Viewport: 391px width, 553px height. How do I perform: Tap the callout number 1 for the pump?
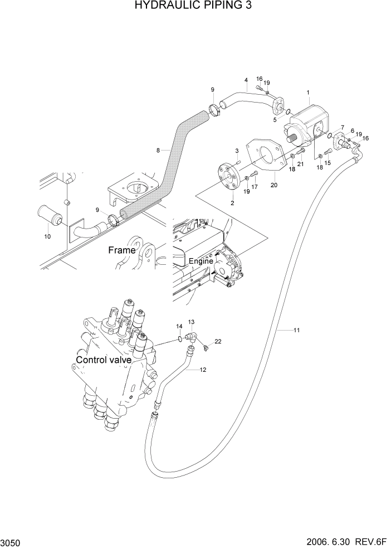308,92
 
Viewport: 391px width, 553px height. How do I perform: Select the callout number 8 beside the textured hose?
158,150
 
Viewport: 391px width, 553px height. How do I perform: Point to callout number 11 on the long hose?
296,331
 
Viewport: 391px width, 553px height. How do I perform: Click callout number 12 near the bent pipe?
203,370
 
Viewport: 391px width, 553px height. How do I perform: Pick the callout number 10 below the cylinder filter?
47,236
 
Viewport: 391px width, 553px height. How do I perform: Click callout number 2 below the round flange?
232,203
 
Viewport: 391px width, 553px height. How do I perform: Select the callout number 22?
218,342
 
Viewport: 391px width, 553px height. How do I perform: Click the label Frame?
121,250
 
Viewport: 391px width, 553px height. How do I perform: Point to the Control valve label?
104,360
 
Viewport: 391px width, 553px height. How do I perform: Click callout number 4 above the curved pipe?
246,80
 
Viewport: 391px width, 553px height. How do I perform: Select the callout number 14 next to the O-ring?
179,326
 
